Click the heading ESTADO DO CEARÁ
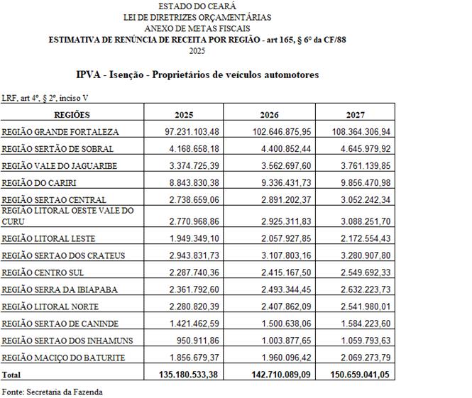pos(197,6)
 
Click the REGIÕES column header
pos(72,114)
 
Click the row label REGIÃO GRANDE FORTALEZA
pos(60,132)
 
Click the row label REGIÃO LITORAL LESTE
pos(48,238)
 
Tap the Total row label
pos(12,374)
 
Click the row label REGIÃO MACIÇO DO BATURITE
pos(63,358)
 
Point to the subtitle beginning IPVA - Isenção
pos(197,74)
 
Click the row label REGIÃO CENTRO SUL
pos(45,272)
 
